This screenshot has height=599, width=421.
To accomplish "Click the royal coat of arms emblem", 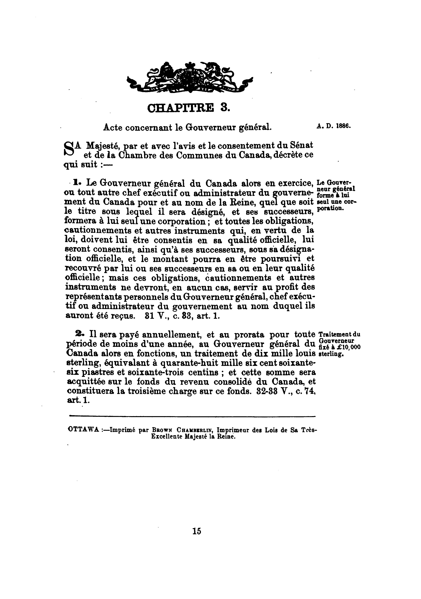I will [190, 77].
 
